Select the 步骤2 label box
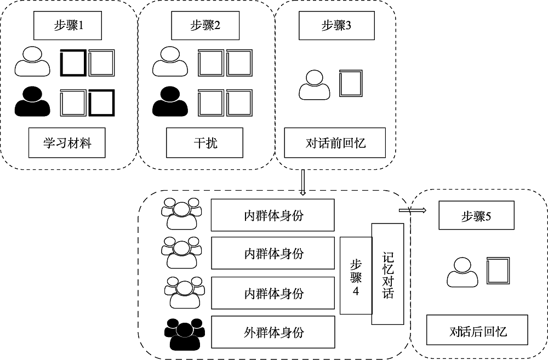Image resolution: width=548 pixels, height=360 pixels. point(206,25)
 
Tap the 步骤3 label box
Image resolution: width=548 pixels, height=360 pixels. point(336,25)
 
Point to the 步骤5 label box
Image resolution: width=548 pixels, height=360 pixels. point(476,216)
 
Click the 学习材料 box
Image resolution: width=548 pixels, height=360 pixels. point(67,144)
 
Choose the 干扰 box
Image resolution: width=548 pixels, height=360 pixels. point(204,144)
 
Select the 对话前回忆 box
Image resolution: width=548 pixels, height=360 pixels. point(335,143)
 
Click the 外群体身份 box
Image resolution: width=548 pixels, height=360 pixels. point(272,332)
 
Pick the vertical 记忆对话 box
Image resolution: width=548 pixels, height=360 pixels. point(387,274)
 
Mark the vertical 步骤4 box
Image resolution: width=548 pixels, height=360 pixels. point(356,276)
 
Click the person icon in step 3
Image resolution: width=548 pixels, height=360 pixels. point(314,84)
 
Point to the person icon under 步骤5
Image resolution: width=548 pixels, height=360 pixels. point(463,272)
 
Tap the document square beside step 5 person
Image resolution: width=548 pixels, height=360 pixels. point(499,272)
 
